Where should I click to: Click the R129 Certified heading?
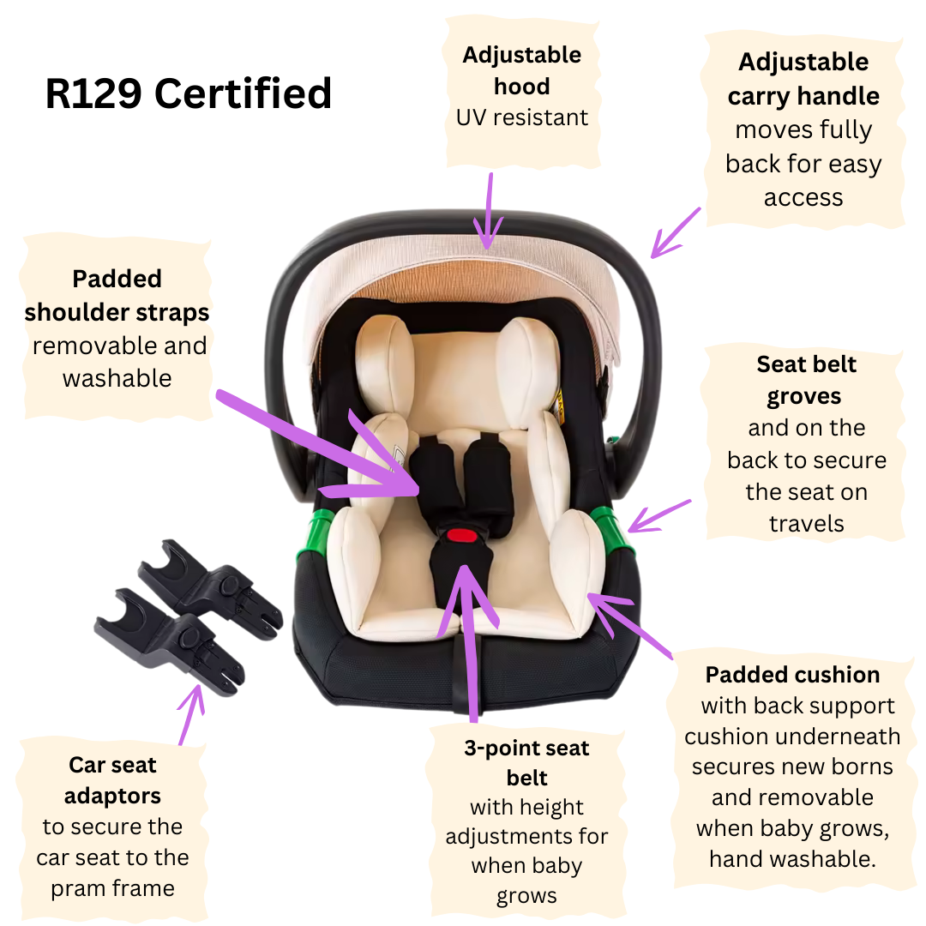pos(189,93)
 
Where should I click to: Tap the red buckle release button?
pos(462,536)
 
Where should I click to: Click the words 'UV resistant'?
pos(522,117)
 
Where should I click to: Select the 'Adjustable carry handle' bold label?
pos(803,79)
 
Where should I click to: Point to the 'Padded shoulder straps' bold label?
pos(117,295)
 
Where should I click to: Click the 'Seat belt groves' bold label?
pos(805,380)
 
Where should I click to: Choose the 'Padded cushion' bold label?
pos(792,675)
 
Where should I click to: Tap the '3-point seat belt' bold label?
pos(526,762)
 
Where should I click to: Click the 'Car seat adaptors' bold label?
pos(112,780)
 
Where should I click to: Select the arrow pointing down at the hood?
pos(489,211)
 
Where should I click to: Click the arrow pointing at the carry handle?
pos(675,232)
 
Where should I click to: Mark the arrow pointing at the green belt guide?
pos(659,516)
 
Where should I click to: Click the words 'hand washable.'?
pos(792,858)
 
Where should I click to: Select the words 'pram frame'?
pos(113,888)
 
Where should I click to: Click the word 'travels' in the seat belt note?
pos(806,524)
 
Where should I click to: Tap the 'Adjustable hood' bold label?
pos(522,70)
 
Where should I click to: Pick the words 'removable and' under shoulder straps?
pos(120,346)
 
